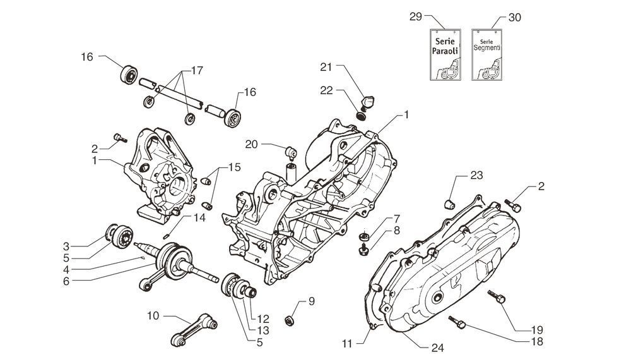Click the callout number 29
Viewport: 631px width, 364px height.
coord(415,18)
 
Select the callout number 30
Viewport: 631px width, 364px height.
coord(514,18)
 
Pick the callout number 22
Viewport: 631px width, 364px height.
coord(326,90)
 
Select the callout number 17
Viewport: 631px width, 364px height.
coord(196,71)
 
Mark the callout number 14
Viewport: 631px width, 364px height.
coord(199,217)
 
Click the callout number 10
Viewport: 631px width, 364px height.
coord(153,314)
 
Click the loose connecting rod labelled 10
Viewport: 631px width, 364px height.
coord(196,330)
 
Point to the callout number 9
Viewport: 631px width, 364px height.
coord(311,301)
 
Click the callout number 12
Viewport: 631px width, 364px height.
coord(262,317)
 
